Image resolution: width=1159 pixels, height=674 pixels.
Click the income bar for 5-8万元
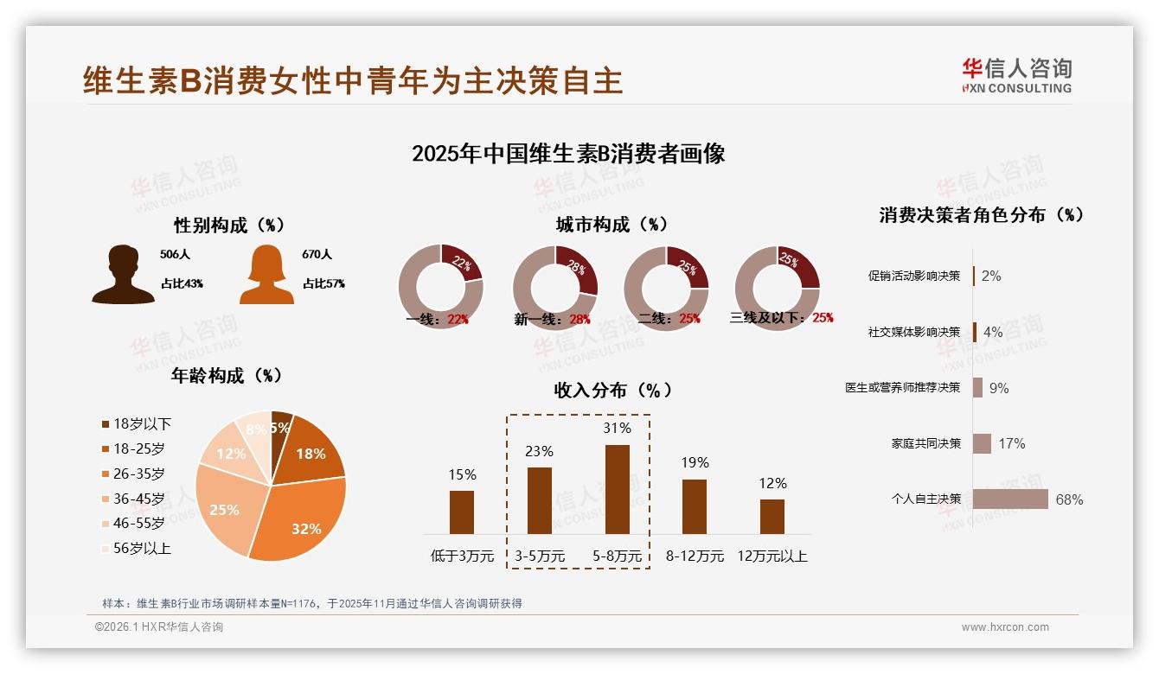click(x=617, y=489)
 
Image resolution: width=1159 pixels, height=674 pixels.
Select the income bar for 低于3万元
click(x=462, y=512)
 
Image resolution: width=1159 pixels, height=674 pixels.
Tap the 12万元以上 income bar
click(x=772, y=517)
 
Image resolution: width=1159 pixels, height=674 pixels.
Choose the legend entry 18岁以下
click(x=137, y=423)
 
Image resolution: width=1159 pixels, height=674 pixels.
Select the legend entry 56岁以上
click(x=137, y=548)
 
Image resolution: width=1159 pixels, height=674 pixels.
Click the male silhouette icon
click(x=123, y=275)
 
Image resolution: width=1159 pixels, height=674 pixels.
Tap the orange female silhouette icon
click(x=266, y=275)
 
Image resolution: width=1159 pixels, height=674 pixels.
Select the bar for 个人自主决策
click(x=1009, y=499)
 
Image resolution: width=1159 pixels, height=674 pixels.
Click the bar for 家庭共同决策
click(x=982, y=443)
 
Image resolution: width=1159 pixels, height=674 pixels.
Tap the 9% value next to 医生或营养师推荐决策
click(x=999, y=388)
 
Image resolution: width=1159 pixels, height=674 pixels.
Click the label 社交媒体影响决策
click(x=913, y=332)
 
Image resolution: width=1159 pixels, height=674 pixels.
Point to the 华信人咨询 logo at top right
click(x=1016, y=76)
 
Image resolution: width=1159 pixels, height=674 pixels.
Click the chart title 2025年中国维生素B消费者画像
click(x=568, y=154)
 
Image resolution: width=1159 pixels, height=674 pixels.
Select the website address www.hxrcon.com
click(x=1005, y=627)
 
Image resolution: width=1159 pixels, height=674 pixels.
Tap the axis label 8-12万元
click(x=694, y=556)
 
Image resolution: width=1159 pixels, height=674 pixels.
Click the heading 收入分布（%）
click(x=612, y=390)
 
